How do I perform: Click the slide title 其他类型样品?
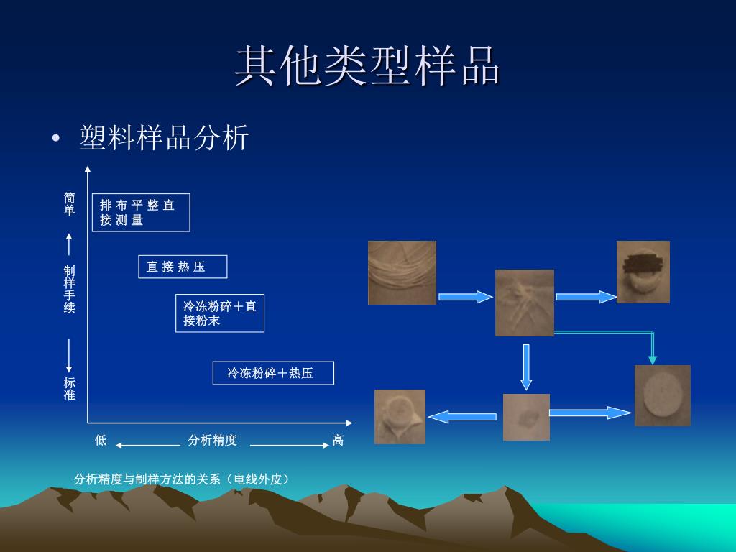(367, 66)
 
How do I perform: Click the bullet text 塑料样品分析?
(165, 137)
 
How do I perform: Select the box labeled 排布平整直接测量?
(141, 213)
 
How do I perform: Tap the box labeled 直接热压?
(183, 267)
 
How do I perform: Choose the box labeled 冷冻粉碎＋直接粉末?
(220, 313)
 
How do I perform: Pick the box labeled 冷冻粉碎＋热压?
(273, 373)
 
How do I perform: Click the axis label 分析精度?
(212, 440)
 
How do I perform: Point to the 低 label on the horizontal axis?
(101, 440)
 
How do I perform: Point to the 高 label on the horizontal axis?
(338, 440)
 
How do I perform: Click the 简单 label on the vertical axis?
(69, 203)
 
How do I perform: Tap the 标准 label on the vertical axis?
(69, 389)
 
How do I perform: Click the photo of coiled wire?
(402, 272)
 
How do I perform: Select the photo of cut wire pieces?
(525, 303)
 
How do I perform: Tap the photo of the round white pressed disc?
(662, 395)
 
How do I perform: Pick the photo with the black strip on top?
(643, 272)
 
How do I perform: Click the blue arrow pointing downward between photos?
(526, 367)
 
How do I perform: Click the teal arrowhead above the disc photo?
(653, 359)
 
